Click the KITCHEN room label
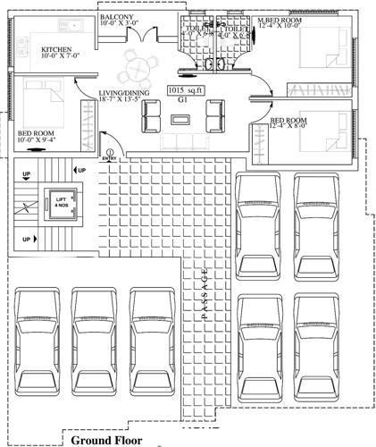pyautogui.click(x=55, y=50)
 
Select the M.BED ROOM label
pyautogui.click(x=278, y=20)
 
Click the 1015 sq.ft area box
pyautogui.click(x=187, y=90)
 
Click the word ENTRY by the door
pyautogui.click(x=109, y=161)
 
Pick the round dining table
pyautogui.click(x=137, y=64)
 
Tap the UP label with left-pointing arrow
pyautogui.click(x=80, y=169)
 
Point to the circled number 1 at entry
pyautogui.click(x=110, y=153)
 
